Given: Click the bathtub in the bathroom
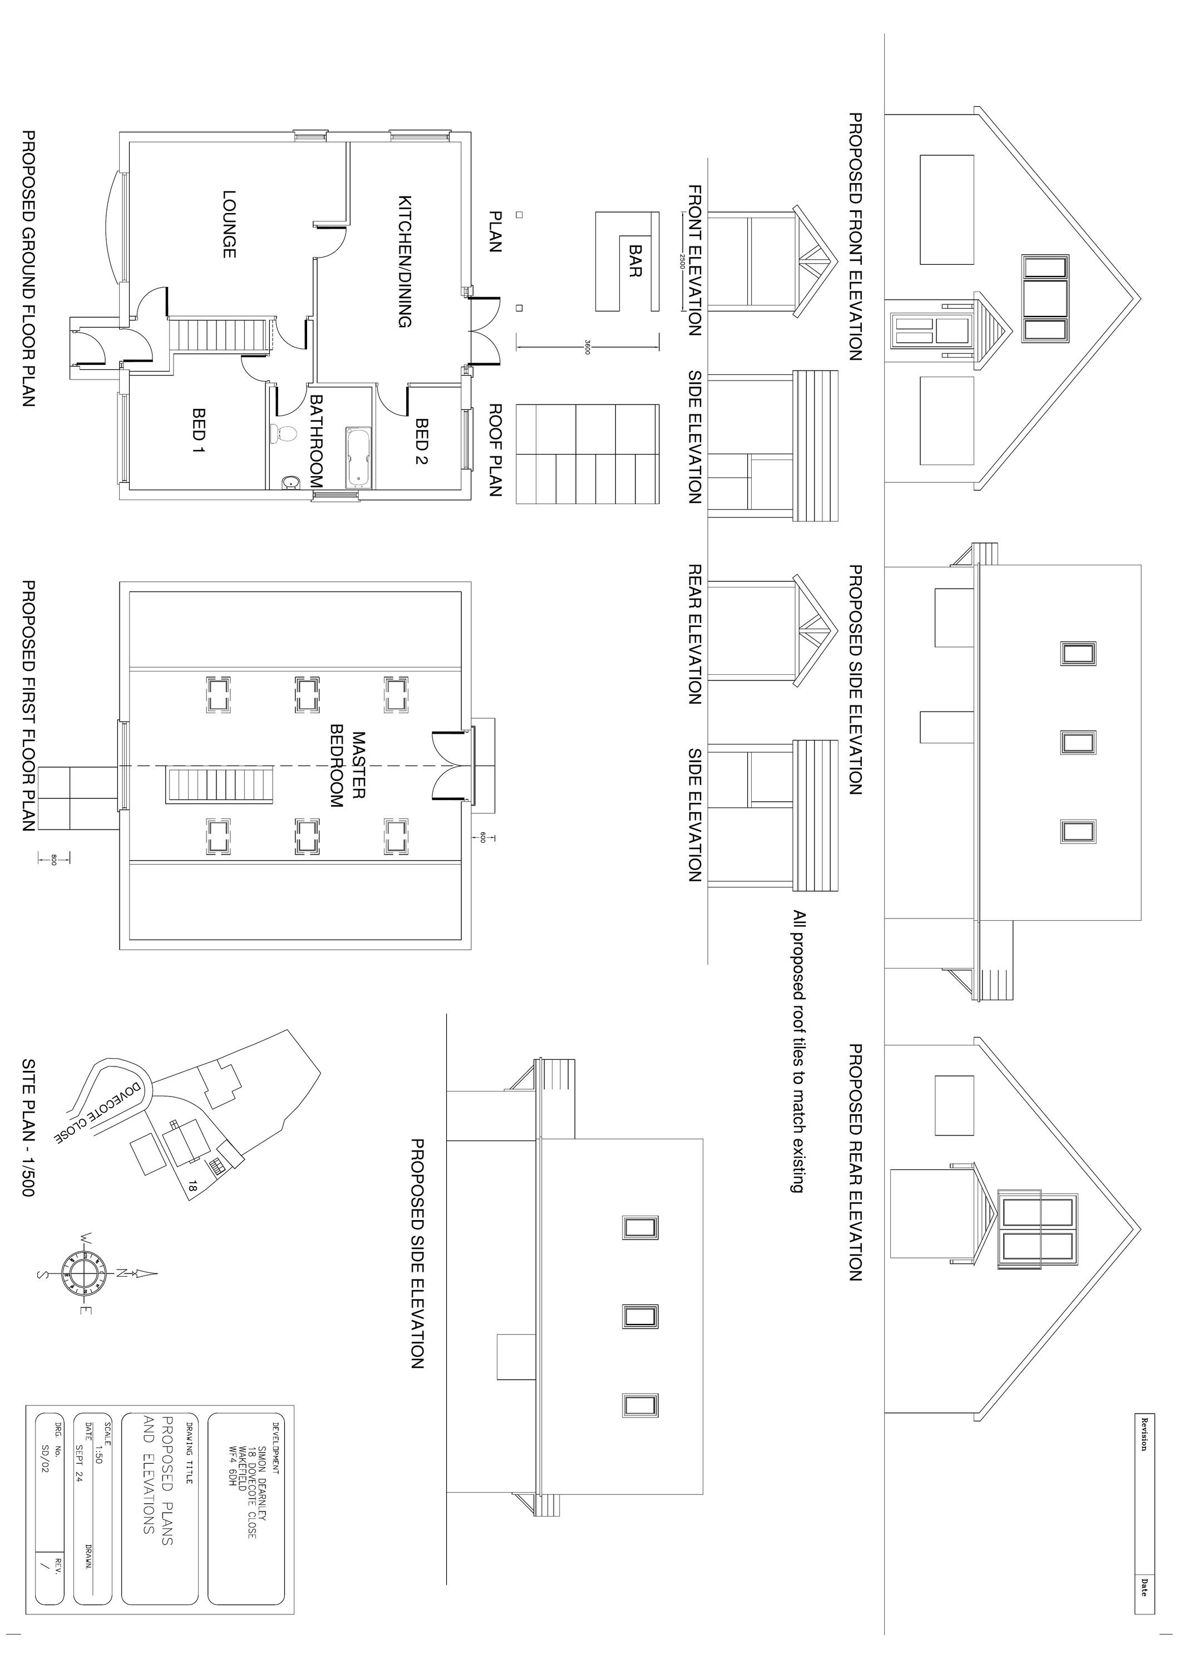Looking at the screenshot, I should pyautogui.click(x=359, y=457).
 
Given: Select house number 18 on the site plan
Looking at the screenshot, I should pyautogui.click(x=193, y=1186).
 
